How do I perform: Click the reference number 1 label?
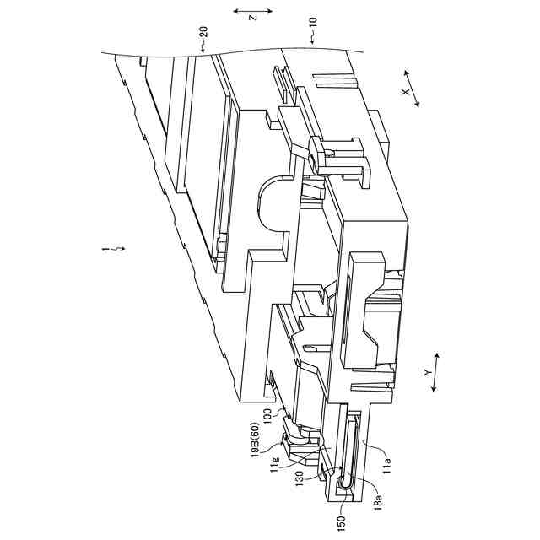coord(105,249)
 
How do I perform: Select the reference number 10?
coord(313,36)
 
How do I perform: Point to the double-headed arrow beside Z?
coord(253,13)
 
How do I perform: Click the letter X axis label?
coord(405,92)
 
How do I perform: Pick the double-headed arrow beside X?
coord(412,87)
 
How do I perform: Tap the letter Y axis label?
coord(428,371)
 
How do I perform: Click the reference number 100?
coord(267,416)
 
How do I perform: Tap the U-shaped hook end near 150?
coord(344,482)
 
